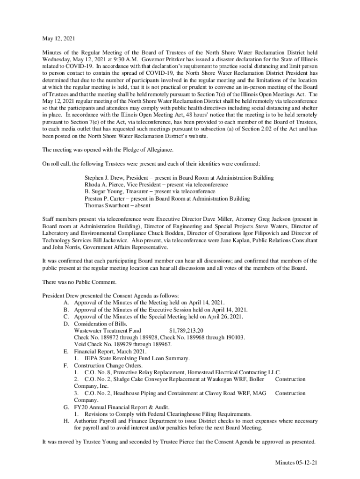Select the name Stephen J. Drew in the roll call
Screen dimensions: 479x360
(x=104, y=178)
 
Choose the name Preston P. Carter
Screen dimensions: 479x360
(x=103, y=198)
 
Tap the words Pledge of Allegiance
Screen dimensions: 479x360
(x=145, y=150)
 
